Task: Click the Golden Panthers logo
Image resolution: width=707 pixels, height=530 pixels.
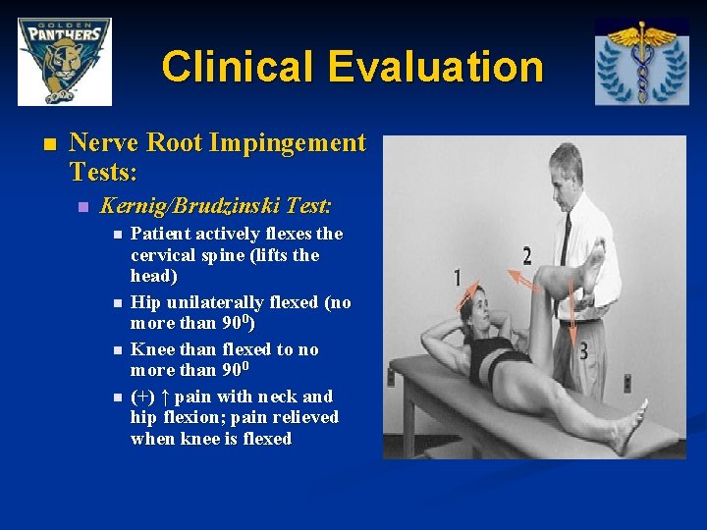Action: (x=65, y=61)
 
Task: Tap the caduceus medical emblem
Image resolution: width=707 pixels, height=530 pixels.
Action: (x=641, y=61)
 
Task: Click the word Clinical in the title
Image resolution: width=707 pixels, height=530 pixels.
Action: (x=239, y=67)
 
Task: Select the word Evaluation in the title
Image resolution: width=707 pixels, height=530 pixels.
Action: (x=436, y=67)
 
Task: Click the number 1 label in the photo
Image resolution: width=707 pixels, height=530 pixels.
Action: (x=458, y=278)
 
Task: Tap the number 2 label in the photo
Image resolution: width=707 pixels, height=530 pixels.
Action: (x=526, y=256)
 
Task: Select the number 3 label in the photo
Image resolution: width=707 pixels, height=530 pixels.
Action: (x=582, y=349)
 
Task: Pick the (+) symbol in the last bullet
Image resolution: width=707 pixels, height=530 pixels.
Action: (x=142, y=397)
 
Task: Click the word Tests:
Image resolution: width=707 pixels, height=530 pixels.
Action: (x=103, y=173)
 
